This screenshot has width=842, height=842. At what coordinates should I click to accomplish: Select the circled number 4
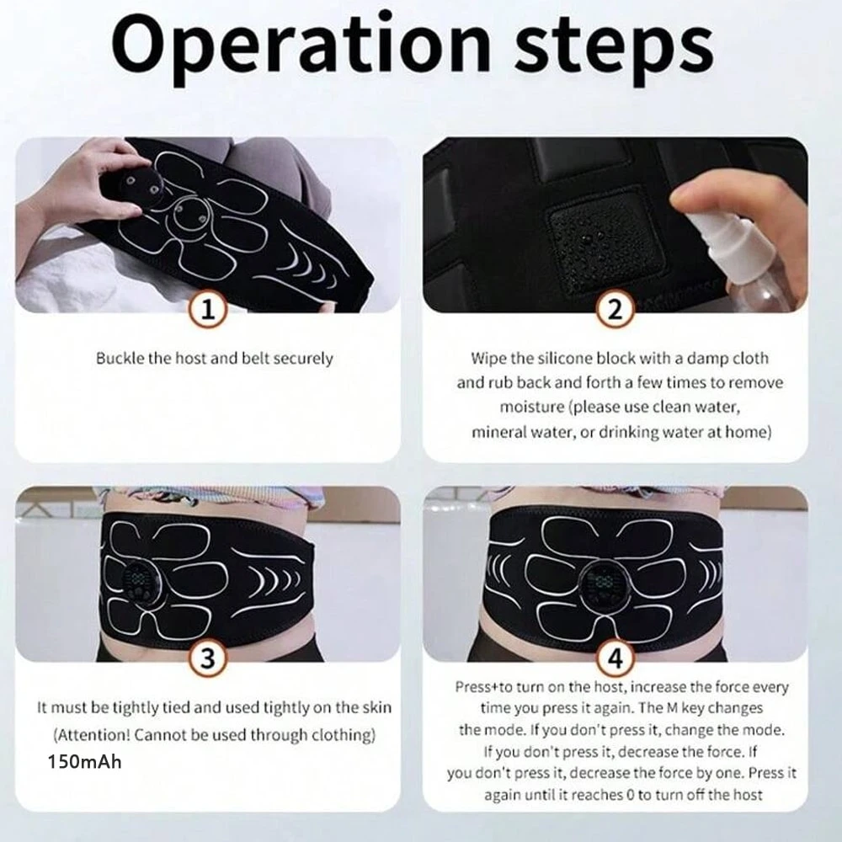point(615,658)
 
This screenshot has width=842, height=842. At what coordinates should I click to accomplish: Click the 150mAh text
point(85,762)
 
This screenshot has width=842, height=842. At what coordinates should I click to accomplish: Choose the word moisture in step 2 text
point(532,408)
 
